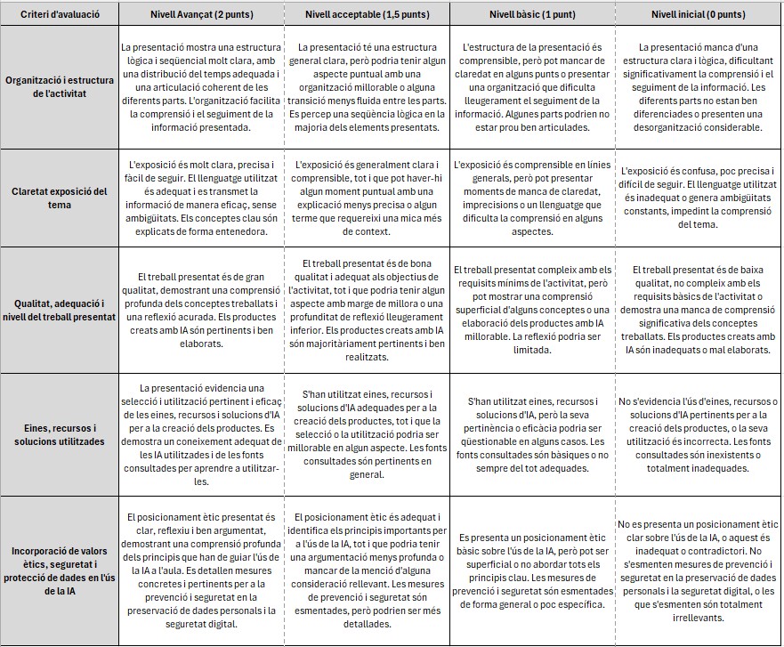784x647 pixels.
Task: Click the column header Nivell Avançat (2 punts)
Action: coord(201,15)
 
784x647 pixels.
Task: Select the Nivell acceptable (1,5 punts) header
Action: coord(367,15)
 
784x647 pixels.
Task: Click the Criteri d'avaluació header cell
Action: coord(59,15)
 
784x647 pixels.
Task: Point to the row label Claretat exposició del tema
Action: coord(59,198)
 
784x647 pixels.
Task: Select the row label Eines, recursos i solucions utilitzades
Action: coord(59,434)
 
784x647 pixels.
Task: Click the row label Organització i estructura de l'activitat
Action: coord(59,87)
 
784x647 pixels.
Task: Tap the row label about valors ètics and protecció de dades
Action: coord(59,570)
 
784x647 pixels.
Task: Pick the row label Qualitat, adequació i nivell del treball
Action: coord(59,311)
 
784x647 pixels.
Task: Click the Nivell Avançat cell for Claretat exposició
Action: coord(201,198)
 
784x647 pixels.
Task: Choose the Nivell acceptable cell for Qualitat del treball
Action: coord(367,311)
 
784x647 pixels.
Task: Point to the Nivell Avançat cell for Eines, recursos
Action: coord(201,434)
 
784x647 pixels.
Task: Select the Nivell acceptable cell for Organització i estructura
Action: coord(367,87)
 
